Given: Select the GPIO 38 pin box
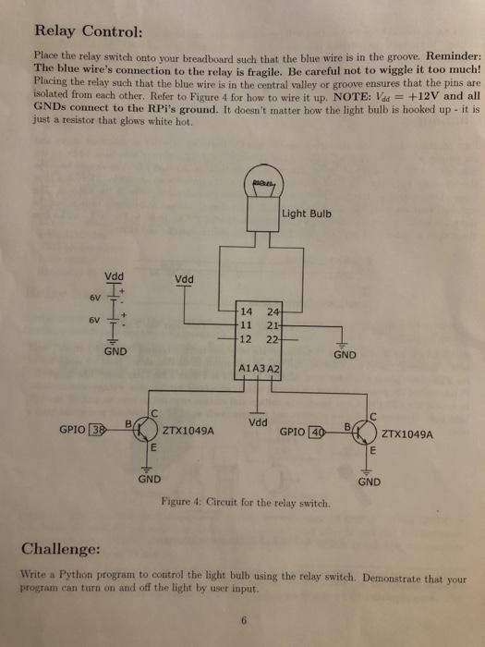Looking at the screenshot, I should (x=96, y=429).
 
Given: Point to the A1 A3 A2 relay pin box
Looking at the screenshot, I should (x=259, y=368).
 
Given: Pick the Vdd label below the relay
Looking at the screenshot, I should (x=260, y=422).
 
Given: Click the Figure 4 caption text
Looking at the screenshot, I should (x=244, y=502).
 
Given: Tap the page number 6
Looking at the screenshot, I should (x=243, y=621).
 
